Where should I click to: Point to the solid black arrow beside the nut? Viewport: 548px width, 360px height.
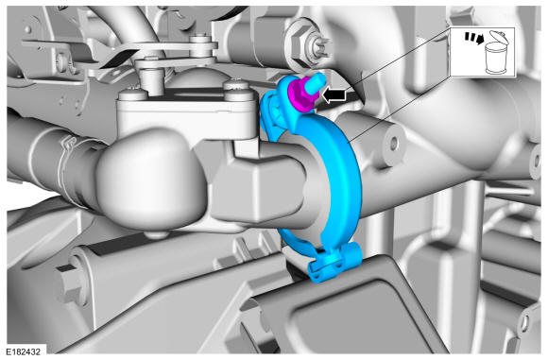334,94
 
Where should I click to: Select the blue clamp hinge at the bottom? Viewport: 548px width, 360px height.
334,262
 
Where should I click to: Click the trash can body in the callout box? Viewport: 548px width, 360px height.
495,58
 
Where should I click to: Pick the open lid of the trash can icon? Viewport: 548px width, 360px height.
497,36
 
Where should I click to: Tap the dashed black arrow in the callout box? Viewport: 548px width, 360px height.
474,38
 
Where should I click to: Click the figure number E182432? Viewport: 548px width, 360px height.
23,351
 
